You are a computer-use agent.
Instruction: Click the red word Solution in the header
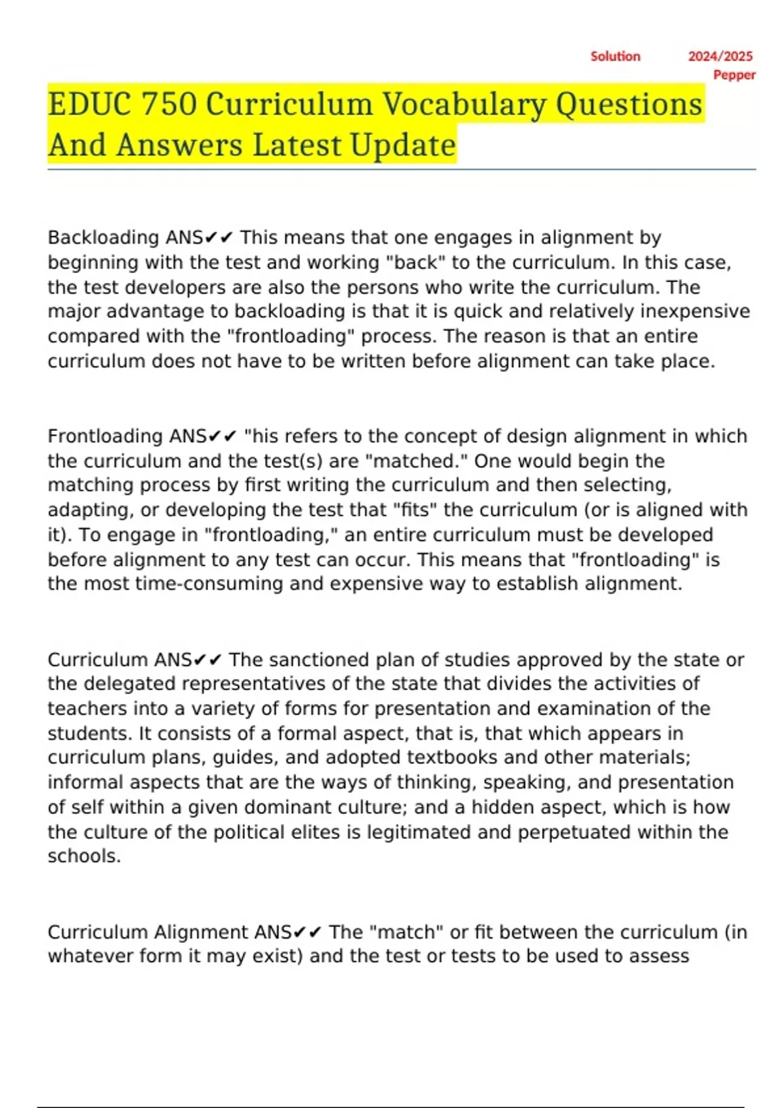click(615, 57)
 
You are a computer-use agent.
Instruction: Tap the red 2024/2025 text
click(720, 57)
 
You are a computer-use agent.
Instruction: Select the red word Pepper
click(734, 75)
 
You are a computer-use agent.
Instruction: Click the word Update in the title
click(403, 145)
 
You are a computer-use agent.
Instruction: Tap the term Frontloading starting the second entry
click(105, 436)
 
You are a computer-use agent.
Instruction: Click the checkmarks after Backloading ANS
click(218, 238)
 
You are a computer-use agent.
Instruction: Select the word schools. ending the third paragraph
click(84, 856)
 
